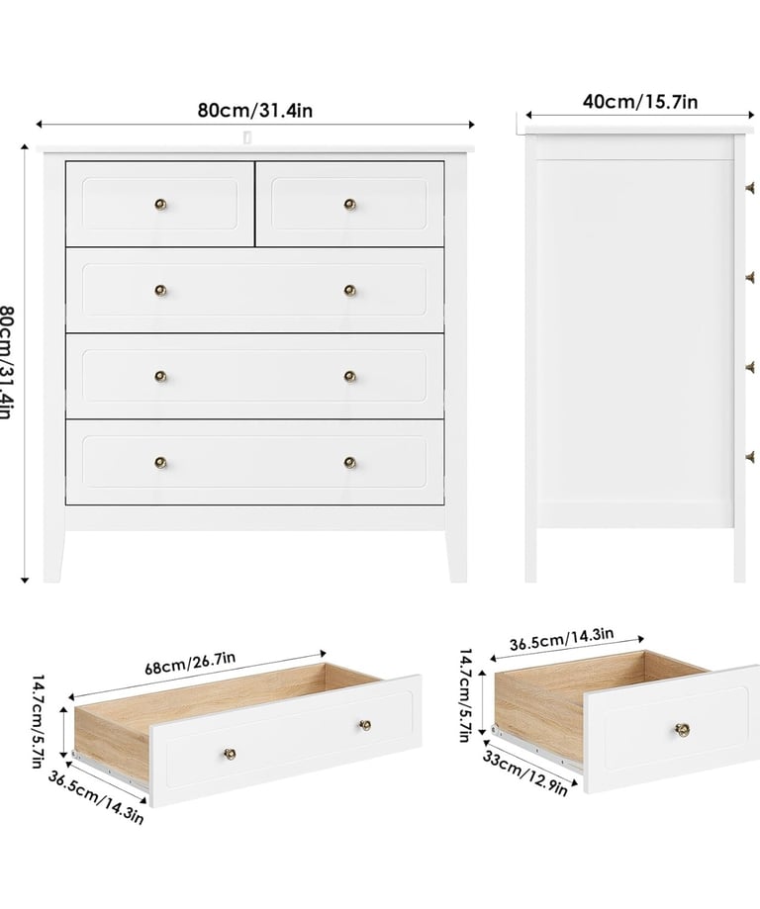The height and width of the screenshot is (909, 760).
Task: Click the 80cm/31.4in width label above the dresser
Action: pyautogui.click(x=254, y=110)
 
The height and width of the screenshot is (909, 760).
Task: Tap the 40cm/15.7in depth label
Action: pyautogui.click(x=640, y=102)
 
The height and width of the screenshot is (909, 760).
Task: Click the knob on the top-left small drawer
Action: pyautogui.click(x=160, y=204)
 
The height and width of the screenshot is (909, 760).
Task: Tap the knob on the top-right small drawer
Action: pyautogui.click(x=350, y=204)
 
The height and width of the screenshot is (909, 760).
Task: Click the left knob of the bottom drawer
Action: pyautogui.click(x=160, y=463)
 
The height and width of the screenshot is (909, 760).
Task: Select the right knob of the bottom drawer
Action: pyautogui.click(x=350, y=463)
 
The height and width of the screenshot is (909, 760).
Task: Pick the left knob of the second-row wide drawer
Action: pyautogui.click(x=160, y=291)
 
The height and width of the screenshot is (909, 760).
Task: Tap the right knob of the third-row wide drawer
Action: pyautogui.click(x=350, y=377)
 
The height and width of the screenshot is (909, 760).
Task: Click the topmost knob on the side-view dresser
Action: pyautogui.click(x=750, y=188)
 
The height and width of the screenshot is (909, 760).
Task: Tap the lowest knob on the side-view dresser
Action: pyautogui.click(x=750, y=457)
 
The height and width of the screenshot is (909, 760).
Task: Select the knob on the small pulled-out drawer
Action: pyautogui.click(x=682, y=729)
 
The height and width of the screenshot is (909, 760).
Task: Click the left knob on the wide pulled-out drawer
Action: pyautogui.click(x=231, y=754)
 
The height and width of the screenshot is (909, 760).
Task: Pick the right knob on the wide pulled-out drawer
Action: pyautogui.click(x=365, y=725)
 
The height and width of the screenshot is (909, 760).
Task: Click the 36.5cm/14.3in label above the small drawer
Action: pyautogui.click(x=561, y=639)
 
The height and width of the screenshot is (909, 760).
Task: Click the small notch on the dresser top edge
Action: pyautogui.click(x=247, y=137)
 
